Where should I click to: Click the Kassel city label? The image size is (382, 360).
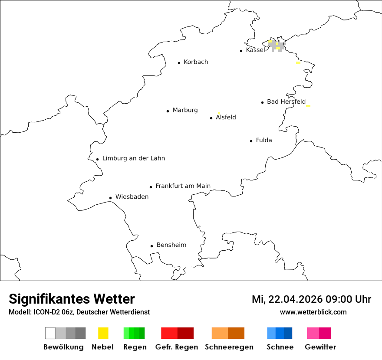(255, 50)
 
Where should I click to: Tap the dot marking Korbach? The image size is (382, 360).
(179, 63)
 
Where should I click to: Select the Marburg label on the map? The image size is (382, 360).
(185, 110)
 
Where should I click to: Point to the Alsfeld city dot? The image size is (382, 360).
(211, 118)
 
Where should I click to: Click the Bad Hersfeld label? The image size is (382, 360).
(286, 102)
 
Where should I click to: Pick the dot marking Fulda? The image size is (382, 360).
(251, 141)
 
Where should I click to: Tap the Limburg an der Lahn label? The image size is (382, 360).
(134, 158)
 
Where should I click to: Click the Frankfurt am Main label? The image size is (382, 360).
(183, 186)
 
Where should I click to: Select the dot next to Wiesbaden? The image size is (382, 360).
(111, 198)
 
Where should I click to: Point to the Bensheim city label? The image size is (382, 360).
(171, 245)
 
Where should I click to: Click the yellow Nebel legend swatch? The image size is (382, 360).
(103, 333)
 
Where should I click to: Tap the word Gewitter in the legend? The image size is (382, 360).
(320, 347)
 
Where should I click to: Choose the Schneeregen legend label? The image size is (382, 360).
(229, 347)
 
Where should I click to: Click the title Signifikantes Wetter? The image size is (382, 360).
(72, 299)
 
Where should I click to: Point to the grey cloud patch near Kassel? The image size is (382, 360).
(277, 46)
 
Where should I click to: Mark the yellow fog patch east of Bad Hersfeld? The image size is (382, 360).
(308, 106)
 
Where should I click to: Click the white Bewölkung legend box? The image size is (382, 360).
(50, 333)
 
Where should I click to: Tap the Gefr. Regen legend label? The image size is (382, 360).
(177, 347)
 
